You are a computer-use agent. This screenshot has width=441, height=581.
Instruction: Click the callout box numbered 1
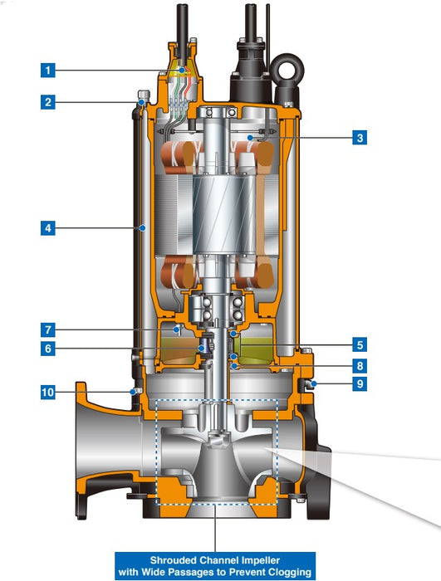click(48, 70)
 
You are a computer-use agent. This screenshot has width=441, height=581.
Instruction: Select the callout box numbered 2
click(48, 102)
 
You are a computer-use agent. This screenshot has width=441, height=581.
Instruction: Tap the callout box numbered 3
click(360, 138)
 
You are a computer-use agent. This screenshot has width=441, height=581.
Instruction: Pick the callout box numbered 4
click(48, 228)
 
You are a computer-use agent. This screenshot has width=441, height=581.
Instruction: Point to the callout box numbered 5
click(360, 345)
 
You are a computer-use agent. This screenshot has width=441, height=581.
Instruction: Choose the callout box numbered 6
click(48, 349)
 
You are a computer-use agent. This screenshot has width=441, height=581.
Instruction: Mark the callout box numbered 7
click(48, 330)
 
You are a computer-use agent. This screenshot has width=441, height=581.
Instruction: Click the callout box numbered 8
click(360, 366)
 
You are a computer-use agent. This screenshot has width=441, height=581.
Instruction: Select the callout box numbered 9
click(360, 383)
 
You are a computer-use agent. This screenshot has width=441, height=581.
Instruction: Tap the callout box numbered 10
click(48, 392)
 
